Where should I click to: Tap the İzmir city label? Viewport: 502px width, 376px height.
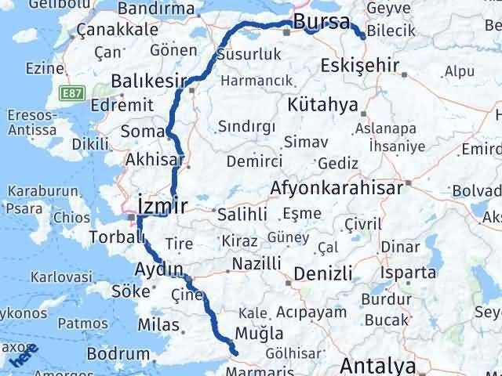[162, 206]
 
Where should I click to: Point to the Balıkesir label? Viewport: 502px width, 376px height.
[148, 81]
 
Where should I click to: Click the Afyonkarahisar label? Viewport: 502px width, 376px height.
[336, 188]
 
